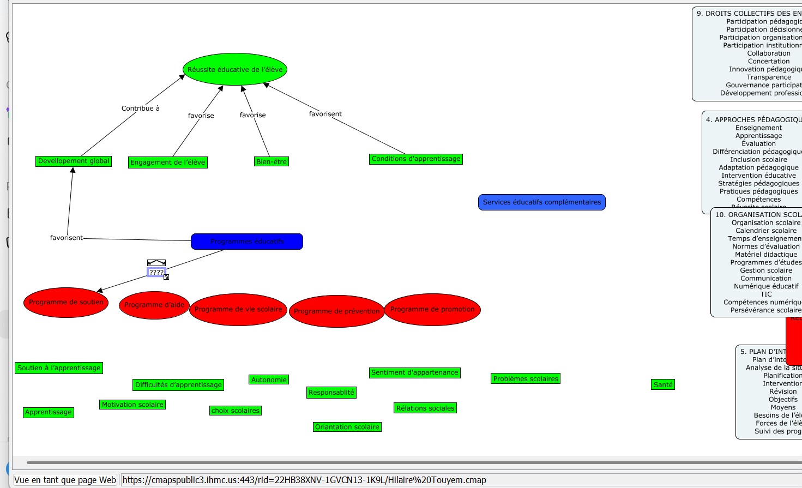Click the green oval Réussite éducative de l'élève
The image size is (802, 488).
(235, 69)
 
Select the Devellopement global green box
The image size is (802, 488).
(74, 161)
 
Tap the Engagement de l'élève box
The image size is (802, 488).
(168, 162)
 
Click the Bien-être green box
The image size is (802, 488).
(272, 161)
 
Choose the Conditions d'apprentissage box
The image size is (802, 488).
(416, 159)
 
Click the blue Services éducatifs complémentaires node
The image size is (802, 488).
(541, 202)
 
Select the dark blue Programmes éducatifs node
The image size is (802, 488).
(247, 241)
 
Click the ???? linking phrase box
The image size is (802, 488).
(156, 272)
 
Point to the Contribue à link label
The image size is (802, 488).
(141, 108)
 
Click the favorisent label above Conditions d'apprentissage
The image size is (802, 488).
(325, 113)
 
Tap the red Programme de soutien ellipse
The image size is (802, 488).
(66, 302)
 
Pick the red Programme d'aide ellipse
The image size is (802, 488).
(154, 305)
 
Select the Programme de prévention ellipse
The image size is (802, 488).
(336, 311)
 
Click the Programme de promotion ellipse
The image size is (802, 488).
(432, 309)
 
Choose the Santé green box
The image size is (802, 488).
(663, 384)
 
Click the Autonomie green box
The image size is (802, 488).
(269, 379)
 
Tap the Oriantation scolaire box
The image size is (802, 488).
(347, 427)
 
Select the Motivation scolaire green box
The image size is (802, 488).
(132, 405)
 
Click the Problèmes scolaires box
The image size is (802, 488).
(526, 378)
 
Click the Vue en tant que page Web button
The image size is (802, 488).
(65, 480)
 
